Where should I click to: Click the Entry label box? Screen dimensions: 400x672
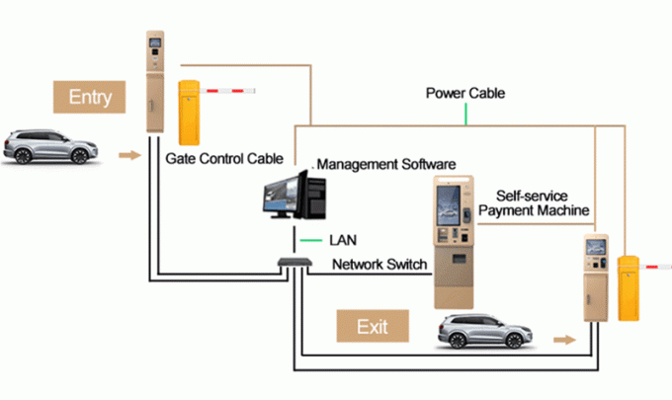click(90, 97)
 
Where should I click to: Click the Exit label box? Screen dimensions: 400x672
click(373, 325)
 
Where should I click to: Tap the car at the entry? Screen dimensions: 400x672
click(49, 147)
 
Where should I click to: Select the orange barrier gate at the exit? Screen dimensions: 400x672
click(628, 287)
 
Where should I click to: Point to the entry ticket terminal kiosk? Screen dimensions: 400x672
click(154, 85)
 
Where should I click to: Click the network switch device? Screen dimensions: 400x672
click(293, 264)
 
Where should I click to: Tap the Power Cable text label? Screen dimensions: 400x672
click(465, 93)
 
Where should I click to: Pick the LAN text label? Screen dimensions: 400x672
click(342, 239)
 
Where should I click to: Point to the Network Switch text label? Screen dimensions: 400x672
click(379, 265)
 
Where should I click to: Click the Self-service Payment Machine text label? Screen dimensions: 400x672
click(534, 203)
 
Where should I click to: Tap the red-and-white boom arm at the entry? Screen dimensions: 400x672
click(228, 93)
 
